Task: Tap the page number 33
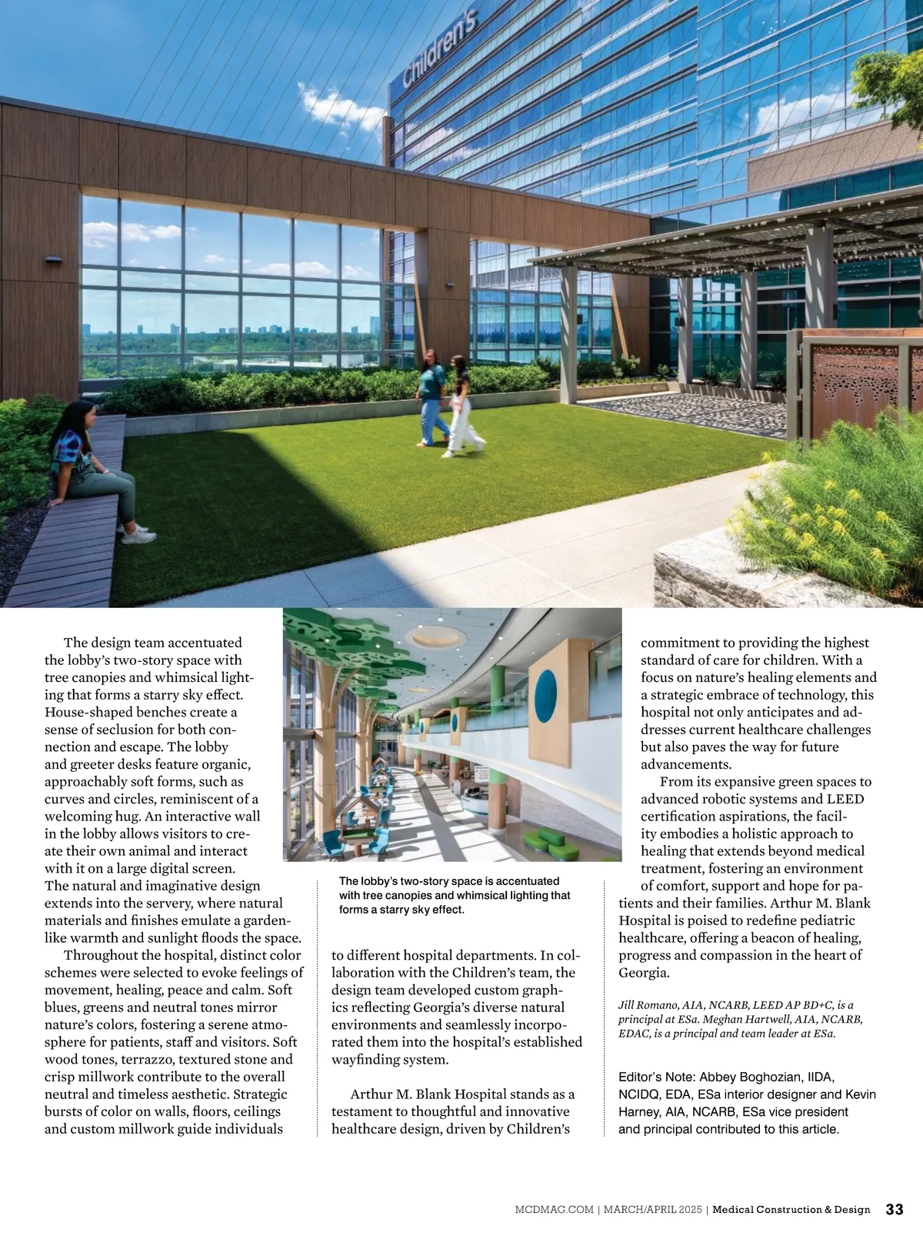[x=895, y=1209]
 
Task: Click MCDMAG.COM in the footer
[x=554, y=1210]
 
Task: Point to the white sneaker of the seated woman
[x=138, y=536]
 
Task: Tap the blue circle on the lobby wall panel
[x=545, y=697]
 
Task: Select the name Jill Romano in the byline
[x=648, y=1005]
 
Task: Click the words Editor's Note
[x=655, y=1077]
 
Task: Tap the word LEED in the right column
[x=845, y=799]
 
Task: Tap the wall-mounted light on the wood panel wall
[x=53, y=260]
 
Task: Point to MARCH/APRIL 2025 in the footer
[x=652, y=1210]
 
